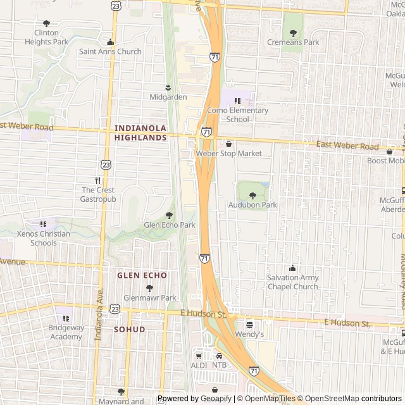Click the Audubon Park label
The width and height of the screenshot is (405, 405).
pyautogui.click(x=252, y=205)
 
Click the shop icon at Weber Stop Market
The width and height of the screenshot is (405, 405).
pyautogui.click(x=228, y=144)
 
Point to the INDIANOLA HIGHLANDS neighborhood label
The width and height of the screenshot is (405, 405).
pyautogui.click(x=140, y=132)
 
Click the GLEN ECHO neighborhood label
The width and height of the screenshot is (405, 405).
pyautogui.click(x=142, y=275)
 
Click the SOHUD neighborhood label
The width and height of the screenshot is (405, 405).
pyautogui.click(x=129, y=330)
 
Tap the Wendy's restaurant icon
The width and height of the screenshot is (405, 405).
pyautogui.click(x=249, y=323)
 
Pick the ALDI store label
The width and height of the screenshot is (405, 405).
pyautogui.click(x=199, y=365)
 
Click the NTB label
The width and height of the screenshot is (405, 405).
pyautogui.click(x=219, y=365)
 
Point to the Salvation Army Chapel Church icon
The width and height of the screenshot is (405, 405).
pyautogui.click(x=292, y=268)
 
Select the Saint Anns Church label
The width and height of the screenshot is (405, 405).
pyautogui.click(x=110, y=52)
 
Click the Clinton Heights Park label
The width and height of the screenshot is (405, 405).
pyautogui.click(x=46, y=37)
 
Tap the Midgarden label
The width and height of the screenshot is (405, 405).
pyautogui.click(x=168, y=97)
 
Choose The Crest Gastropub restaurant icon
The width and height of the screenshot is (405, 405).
pyautogui.click(x=98, y=180)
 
